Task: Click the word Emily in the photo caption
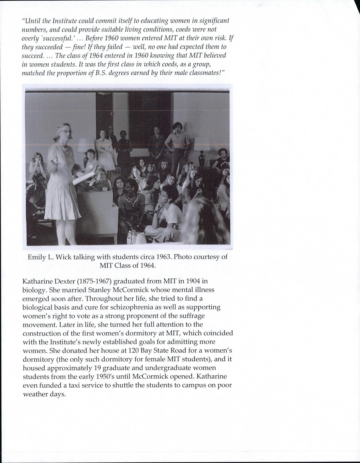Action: pos(37,257)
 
